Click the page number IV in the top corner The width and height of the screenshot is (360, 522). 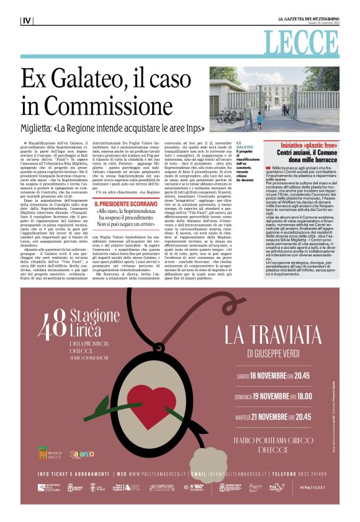click(27, 20)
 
